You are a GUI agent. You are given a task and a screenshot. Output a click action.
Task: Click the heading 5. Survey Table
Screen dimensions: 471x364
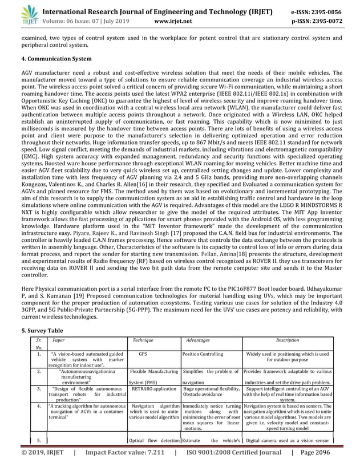coord(38,331)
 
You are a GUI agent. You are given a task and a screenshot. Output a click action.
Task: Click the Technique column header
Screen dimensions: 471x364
coord(143,340)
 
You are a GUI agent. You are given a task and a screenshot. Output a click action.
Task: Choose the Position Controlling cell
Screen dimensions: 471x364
coord(203,354)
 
